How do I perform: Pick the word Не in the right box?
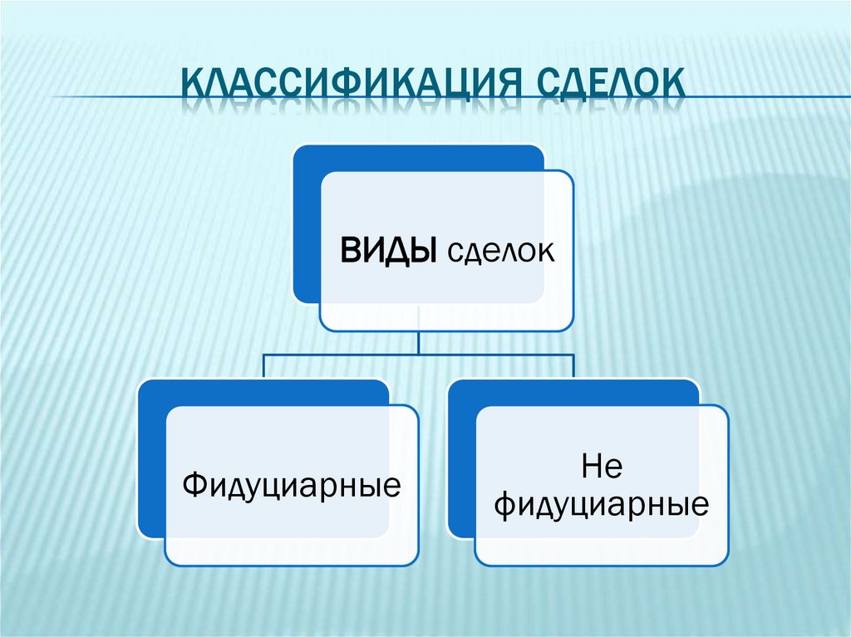click(603, 468)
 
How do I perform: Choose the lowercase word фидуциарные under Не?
click(602, 504)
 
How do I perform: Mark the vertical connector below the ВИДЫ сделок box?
click(419, 342)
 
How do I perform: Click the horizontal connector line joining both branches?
click(349, 354)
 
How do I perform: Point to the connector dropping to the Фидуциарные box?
click(263, 366)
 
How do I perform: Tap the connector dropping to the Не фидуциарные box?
click(573, 366)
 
